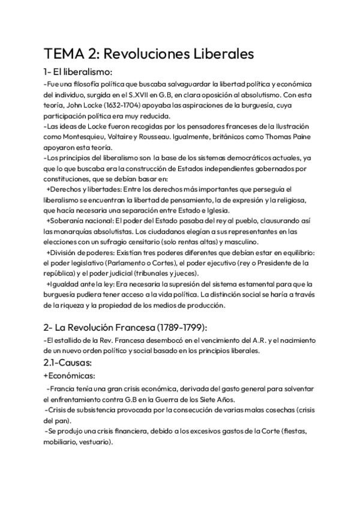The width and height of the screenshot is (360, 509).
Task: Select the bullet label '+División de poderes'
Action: pos(80,252)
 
